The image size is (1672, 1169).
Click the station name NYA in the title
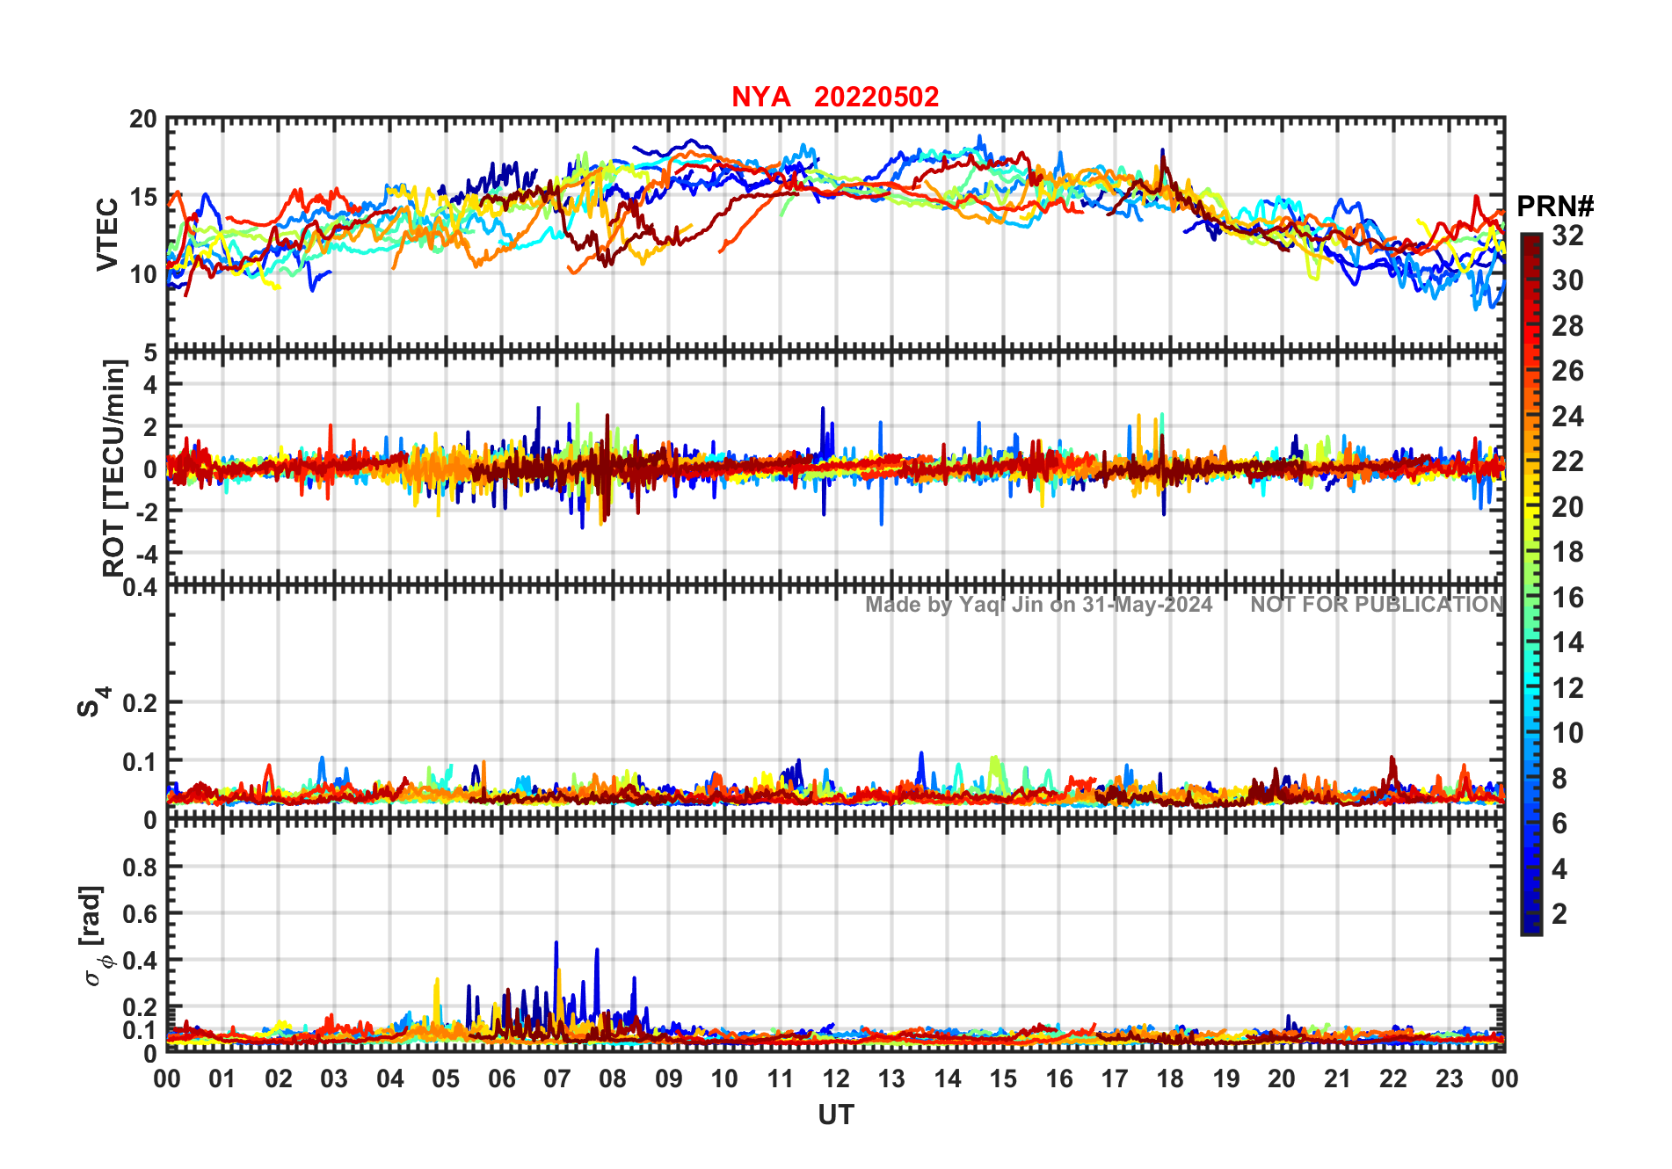pyautogui.click(x=760, y=97)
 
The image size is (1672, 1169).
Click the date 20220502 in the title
pyautogui.click(x=876, y=97)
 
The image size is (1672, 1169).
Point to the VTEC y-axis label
pyautogui.click(x=107, y=234)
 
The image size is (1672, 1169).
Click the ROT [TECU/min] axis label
pyautogui.click(x=114, y=468)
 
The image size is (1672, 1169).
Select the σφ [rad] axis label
pyautogui.click(x=98, y=936)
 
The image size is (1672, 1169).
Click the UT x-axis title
pyautogui.click(x=836, y=1115)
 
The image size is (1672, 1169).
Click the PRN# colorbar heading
pyautogui.click(x=1555, y=207)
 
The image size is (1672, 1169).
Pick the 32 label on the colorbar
pyautogui.click(x=1567, y=236)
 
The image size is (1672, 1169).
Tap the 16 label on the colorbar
pyautogui.click(x=1567, y=598)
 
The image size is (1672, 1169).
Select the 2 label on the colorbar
pyautogui.click(x=1559, y=914)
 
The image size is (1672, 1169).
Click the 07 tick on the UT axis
pyautogui.click(x=557, y=1079)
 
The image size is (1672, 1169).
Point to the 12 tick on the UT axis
pyautogui.click(x=836, y=1079)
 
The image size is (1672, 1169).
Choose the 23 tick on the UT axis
pyautogui.click(x=1449, y=1079)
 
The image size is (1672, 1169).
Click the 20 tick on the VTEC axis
pyautogui.click(x=143, y=120)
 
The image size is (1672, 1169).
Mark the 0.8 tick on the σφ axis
pyautogui.click(x=141, y=867)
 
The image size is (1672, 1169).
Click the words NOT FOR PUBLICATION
pyautogui.click(x=1377, y=605)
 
